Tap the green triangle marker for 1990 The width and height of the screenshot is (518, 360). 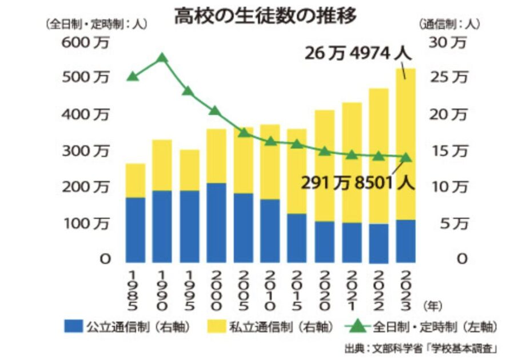[162, 57]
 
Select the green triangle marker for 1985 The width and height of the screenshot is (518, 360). [133, 76]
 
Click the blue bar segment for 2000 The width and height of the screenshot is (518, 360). [217, 222]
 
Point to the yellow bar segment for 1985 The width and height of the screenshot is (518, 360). [136, 180]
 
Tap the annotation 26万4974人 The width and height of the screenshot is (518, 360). [358, 54]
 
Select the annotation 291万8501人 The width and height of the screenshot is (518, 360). [358, 184]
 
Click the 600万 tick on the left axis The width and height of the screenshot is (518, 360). [81, 42]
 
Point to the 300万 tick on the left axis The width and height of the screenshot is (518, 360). [81, 151]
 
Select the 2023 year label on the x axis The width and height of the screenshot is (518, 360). [406, 289]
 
